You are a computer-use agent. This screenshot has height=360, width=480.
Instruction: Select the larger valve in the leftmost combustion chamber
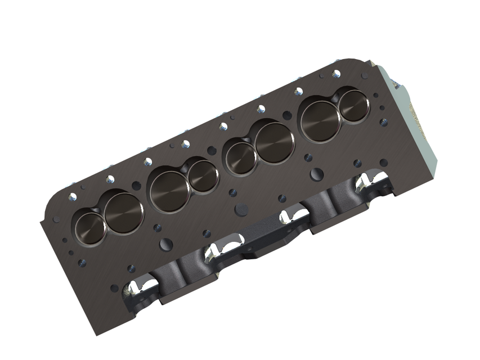point(124,213)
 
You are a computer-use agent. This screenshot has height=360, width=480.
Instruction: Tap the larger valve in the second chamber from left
point(169,191)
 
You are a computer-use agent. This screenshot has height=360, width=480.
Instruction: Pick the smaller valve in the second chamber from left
point(203,176)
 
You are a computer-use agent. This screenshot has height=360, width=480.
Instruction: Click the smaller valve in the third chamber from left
point(241,158)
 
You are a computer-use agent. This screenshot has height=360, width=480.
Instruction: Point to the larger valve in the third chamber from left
point(274,142)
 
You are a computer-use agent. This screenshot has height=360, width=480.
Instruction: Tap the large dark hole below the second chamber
point(166,244)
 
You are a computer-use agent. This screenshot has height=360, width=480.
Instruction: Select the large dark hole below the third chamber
point(241,209)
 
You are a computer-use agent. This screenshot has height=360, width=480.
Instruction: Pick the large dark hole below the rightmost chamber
point(317,174)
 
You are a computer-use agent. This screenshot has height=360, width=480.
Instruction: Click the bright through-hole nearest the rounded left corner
point(72,197)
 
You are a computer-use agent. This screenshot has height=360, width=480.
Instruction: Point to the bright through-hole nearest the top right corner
point(336,74)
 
